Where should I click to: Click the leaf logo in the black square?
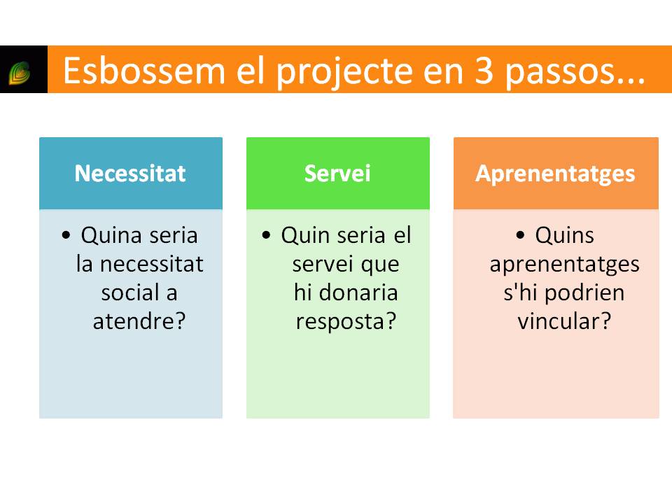[20, 72]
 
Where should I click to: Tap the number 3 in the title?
[484, 71]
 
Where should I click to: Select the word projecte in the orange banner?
[345, 72]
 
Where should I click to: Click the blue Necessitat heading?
[130, 174]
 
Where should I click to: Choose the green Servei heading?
[337, 174]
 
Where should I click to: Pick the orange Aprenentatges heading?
[555, 174]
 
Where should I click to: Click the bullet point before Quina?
[66, 235]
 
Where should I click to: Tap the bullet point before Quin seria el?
[266, 235]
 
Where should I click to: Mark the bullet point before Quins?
[520, 235]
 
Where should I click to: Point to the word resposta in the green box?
[340, 322]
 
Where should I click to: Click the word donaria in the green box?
[358, 293]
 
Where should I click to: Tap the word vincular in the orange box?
[559, 321]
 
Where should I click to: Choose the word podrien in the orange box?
[584, 293]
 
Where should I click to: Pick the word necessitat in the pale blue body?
[152, 264]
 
